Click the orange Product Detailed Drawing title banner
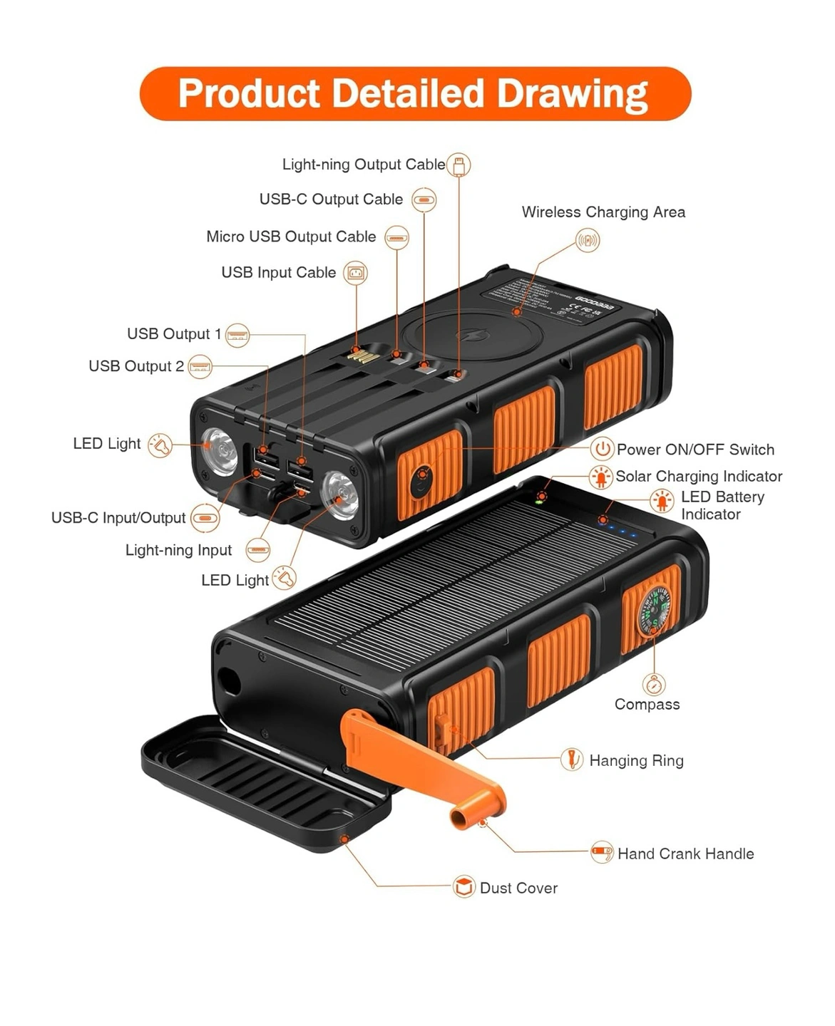click(415, 94)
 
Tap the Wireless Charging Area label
click(603, 212)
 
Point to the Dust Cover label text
click(518, 888)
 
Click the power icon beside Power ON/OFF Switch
click(603, 449)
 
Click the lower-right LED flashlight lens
click(340, 492)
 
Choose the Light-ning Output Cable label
click(364, 165)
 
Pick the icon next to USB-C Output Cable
click(424, 200)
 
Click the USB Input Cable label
click(279, 273)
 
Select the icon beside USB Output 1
click(237, 335)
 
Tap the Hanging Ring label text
click(636, 761)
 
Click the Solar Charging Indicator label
click(699, 477)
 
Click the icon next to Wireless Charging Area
click(588, 241)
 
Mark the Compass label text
click(647, 705)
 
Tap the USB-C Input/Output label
click(118, 518)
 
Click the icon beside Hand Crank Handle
click(602, 852)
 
